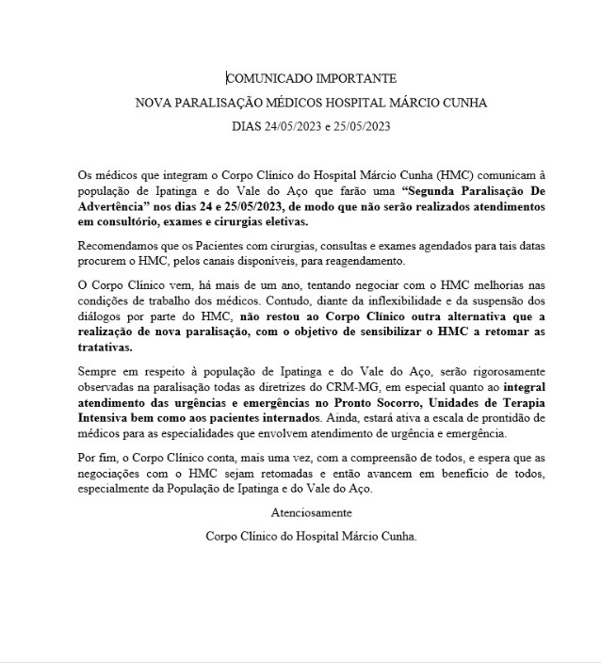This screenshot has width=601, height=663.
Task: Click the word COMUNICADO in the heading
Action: (267, 79)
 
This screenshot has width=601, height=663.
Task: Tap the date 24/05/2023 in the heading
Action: (288, 125)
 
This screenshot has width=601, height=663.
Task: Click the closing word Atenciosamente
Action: (311, 513)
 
